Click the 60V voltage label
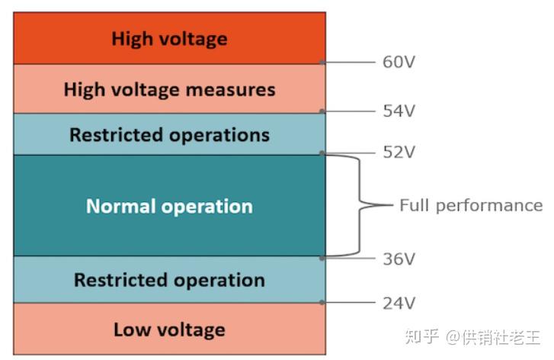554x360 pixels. tap(399, 62)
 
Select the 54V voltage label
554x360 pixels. tap(399, 111)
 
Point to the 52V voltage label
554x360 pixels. tap(399, 153)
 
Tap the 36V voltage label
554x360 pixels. tap(399, 259)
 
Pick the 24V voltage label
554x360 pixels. tap(399, 303)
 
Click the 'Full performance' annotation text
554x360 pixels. tap(471, 205)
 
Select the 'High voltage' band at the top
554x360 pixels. tap(170, 38)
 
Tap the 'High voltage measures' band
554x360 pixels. tap(170, 89)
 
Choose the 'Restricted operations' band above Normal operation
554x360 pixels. tap(170, 135)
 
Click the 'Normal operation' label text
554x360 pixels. tap(169, 206)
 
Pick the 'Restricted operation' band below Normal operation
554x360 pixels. tap(170, 279)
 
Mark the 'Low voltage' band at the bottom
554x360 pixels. tap(170, 329)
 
